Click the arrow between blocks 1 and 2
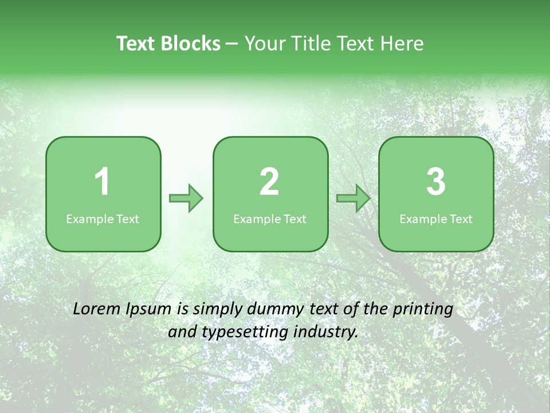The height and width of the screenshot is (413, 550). (186, 198)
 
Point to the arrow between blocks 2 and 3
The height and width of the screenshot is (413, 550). (353, 198)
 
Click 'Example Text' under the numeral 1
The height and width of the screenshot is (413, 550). (103, 219)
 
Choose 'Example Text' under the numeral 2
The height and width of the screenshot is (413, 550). (270, 219)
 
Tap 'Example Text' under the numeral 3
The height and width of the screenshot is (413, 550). (436, 219)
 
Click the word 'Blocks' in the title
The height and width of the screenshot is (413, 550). (190, 44)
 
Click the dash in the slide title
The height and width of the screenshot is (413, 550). (232, 44)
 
